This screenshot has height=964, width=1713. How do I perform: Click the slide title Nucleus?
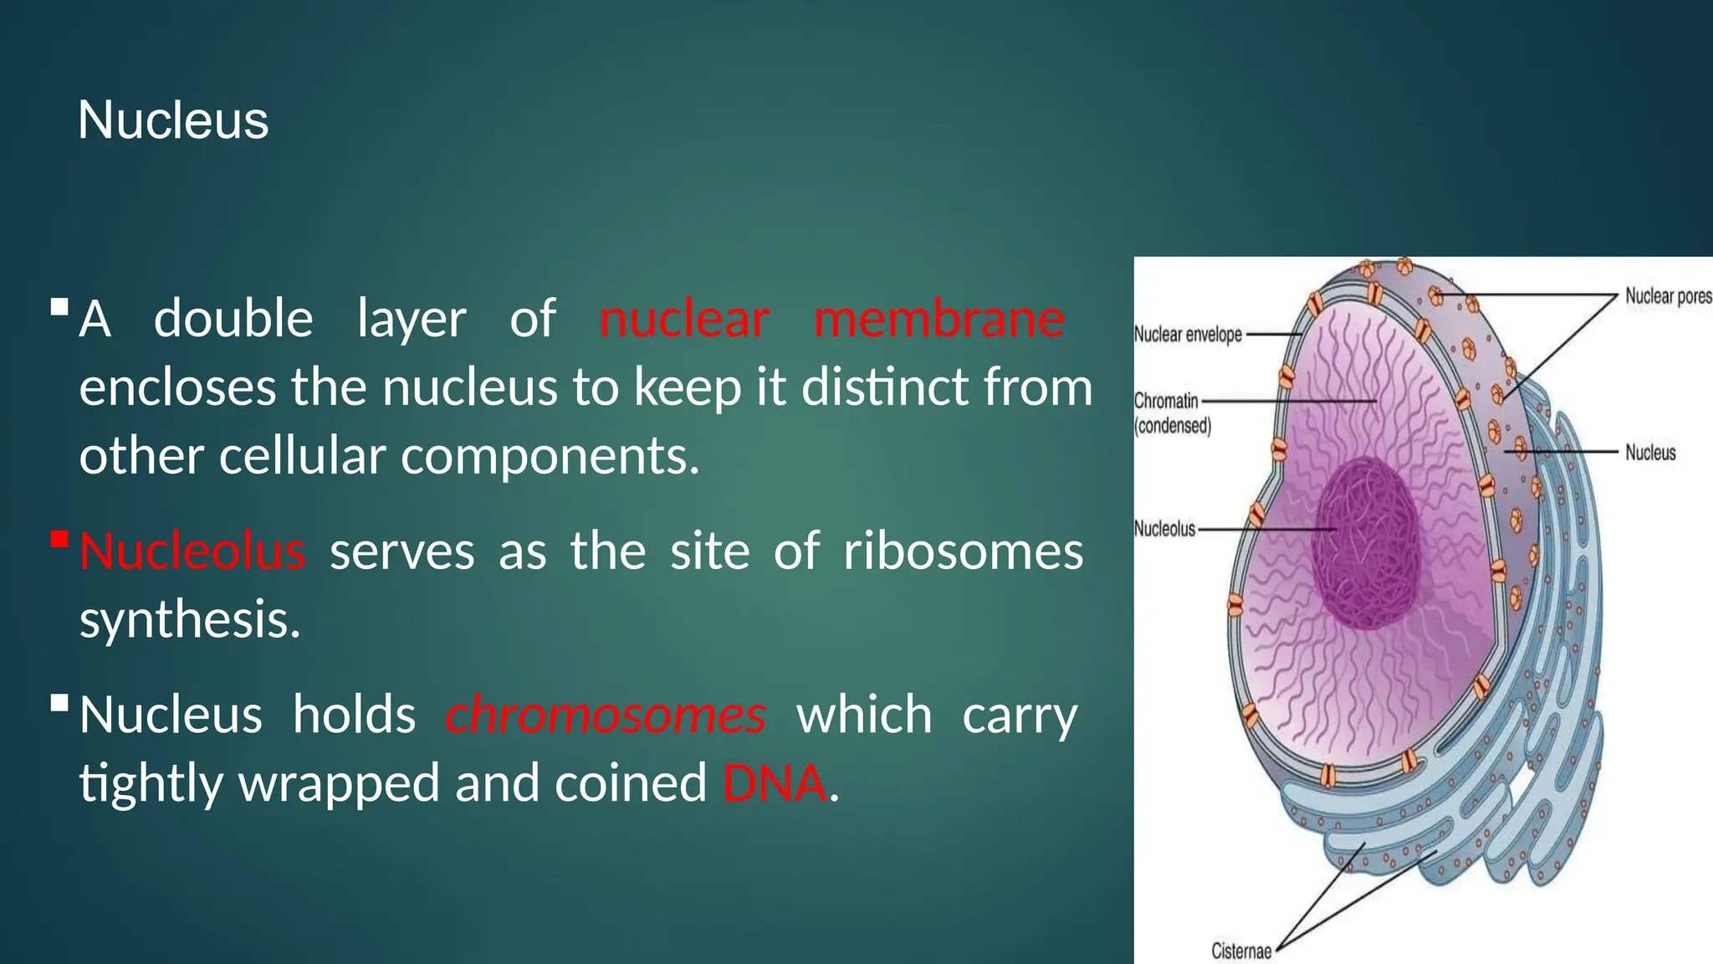(x=173, y=120)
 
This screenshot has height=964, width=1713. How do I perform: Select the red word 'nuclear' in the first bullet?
(x=683, y=320)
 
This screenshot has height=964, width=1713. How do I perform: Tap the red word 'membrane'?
(x=938, y=320)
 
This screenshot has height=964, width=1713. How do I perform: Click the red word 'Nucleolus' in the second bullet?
(x=192, y=552)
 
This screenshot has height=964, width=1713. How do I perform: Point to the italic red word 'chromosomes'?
(x=606, y=716)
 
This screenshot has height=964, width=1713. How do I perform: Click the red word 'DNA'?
(x=775, y=784)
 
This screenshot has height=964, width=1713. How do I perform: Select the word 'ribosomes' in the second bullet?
(x=963, y=552)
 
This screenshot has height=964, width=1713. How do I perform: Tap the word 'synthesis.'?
(x=190, y=620)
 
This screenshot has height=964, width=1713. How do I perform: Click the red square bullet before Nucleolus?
(x=59, y=539)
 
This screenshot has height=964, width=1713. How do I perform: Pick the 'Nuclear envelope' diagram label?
(x=1187, y=335)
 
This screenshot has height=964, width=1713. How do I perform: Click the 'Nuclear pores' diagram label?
(x=1667, y=296)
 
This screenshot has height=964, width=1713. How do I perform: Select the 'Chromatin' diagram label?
(x=1166, y=401)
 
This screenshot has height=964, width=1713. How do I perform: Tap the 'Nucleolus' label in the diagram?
(x=1164, y=529)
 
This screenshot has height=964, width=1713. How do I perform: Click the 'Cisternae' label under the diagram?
(x=1240, y=951)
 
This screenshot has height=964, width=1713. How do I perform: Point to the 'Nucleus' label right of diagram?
(x=1649, y=453)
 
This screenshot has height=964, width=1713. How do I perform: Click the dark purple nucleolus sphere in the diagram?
(x=1364, y=544)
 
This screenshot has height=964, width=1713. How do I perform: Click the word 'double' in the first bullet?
(x=233, y=320)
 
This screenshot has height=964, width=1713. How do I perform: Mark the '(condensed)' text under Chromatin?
(x=1172, y=426)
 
